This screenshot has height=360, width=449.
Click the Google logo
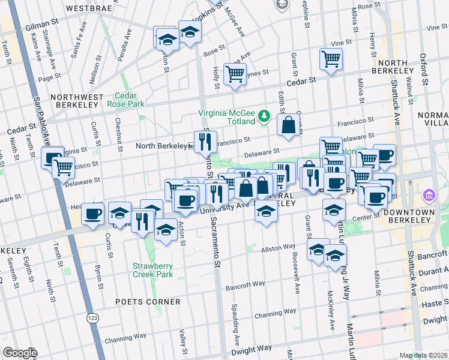[20, 353]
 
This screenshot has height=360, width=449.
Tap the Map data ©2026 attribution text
[423, 355]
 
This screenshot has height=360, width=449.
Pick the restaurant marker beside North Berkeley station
[205, 142]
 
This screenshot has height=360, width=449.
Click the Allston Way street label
[277, 247]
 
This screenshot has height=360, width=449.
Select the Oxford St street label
[424, 69]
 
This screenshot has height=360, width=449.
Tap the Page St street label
[49, 77]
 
